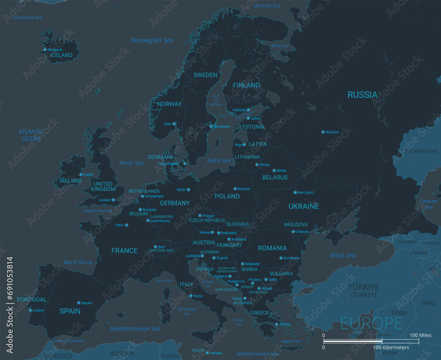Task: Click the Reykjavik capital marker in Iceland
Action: point(45,50)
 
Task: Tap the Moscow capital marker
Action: point(323,132)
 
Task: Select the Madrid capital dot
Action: point(79,303)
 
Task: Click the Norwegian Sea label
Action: point(152,40)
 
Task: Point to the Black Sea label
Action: point(343,255)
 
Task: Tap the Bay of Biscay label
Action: point(78,262)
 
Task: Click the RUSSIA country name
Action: point(362,95)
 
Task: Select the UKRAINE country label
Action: point(303,206)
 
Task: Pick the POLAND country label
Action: point(227,196)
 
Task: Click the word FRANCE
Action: point(124,251)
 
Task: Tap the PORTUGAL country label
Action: point(32,300)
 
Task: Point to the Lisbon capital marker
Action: point(30,310)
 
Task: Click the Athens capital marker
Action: point(277,324)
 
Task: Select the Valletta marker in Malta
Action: point(207,352)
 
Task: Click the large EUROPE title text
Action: point(371,323)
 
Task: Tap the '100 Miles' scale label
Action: point(420,335)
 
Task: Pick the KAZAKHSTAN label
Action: point(421,151)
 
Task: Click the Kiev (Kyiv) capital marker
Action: point(295,192)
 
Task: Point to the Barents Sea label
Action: point(267,6)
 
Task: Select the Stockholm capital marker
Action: point(211,126)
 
